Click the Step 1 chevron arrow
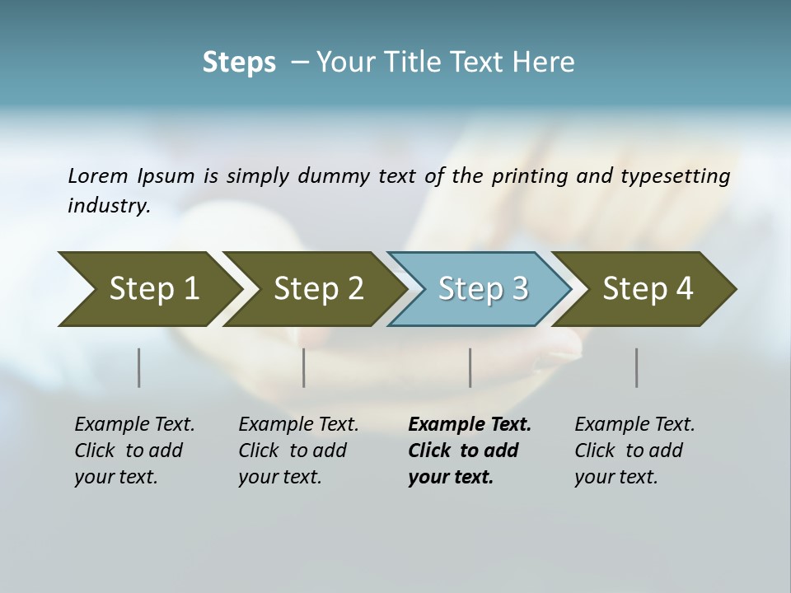148,289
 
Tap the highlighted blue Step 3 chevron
481,289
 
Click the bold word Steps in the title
239,63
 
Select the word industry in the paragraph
108,205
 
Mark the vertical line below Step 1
139,367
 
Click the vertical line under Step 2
304,367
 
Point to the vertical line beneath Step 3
470,367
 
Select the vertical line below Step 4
637,367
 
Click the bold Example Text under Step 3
470,424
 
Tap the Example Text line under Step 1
134,424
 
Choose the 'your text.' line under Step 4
615,477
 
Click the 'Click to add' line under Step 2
293,451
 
